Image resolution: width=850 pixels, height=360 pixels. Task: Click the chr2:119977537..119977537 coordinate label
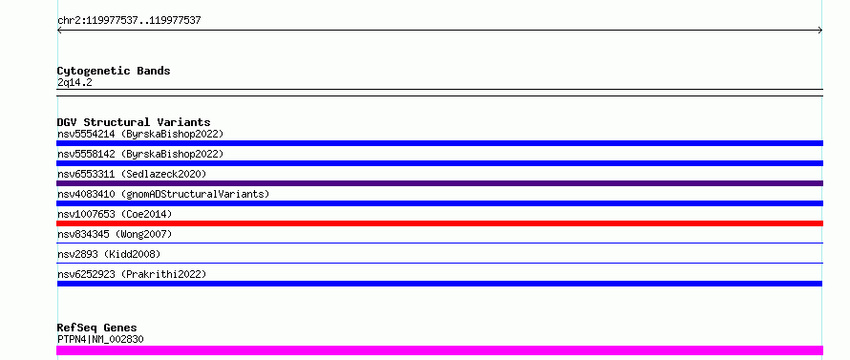click(x=129, y=21)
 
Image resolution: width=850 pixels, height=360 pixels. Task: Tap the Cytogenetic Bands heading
click(x=114, y=71)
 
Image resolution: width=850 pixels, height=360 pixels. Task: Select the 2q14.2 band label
click(x=74, y=82)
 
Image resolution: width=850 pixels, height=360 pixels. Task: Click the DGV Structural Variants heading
click(x=134, y=122)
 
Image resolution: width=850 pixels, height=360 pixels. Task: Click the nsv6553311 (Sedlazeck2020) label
click(x=132, y=174)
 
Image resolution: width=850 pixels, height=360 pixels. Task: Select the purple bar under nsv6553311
click(x=439, y=183)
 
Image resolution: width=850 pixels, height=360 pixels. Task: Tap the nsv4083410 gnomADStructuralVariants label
click(x=163, y=194)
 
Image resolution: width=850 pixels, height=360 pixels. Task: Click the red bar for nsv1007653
click(x=439, y=223)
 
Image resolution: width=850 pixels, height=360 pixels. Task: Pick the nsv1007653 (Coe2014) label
click(x=115, y=214)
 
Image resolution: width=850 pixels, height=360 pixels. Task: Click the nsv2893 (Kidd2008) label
click(x=109, y=254)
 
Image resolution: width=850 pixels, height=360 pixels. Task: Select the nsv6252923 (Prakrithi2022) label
click(x=132, y=274)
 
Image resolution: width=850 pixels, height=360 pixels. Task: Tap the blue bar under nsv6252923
click(x=439, y=284)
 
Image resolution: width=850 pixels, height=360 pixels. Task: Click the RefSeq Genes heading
click(x=97, y=328)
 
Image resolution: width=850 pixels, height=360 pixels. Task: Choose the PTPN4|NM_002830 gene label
click(x=100, y=339)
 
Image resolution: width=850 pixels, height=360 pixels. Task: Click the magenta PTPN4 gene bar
click(x=439, y=350)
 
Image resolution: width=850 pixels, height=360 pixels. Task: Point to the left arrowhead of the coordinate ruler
click(x=59, y=31)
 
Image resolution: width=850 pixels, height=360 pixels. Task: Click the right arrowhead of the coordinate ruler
click(x=820, y=31)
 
